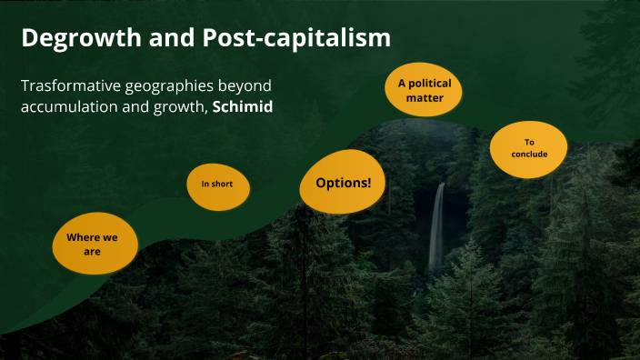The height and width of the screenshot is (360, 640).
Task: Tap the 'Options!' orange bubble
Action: pyautogui.click(x=343, y=183)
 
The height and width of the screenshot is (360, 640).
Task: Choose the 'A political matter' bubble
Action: pyautogui.click(x=424, y=89)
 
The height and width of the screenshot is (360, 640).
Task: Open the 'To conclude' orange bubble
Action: pyautogui.click(x=529, y=148)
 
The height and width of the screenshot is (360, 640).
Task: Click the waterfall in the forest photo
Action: pyautogui.click(x=437, y=227)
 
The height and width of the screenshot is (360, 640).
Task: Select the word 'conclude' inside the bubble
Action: pyautogui.click(x=529, y=155)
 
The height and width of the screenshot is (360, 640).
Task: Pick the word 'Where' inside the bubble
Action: pyautogui.click(x=83, y=237)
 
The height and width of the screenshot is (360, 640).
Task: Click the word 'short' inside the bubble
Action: pyautogui.click(x=222, y=184)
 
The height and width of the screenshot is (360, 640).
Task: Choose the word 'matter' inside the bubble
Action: pyautogui.click(x=424, y=97)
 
